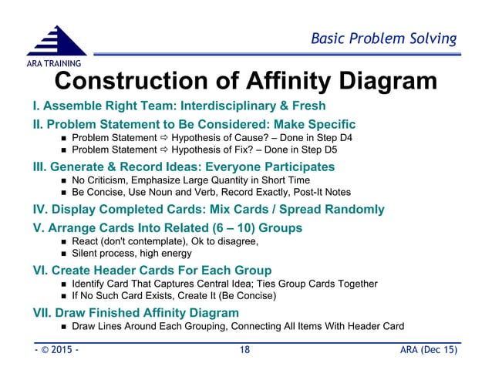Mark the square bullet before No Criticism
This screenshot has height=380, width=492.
[63, 180]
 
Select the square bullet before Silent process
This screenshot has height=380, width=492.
[63, 253]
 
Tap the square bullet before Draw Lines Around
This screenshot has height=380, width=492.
[63, 326]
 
